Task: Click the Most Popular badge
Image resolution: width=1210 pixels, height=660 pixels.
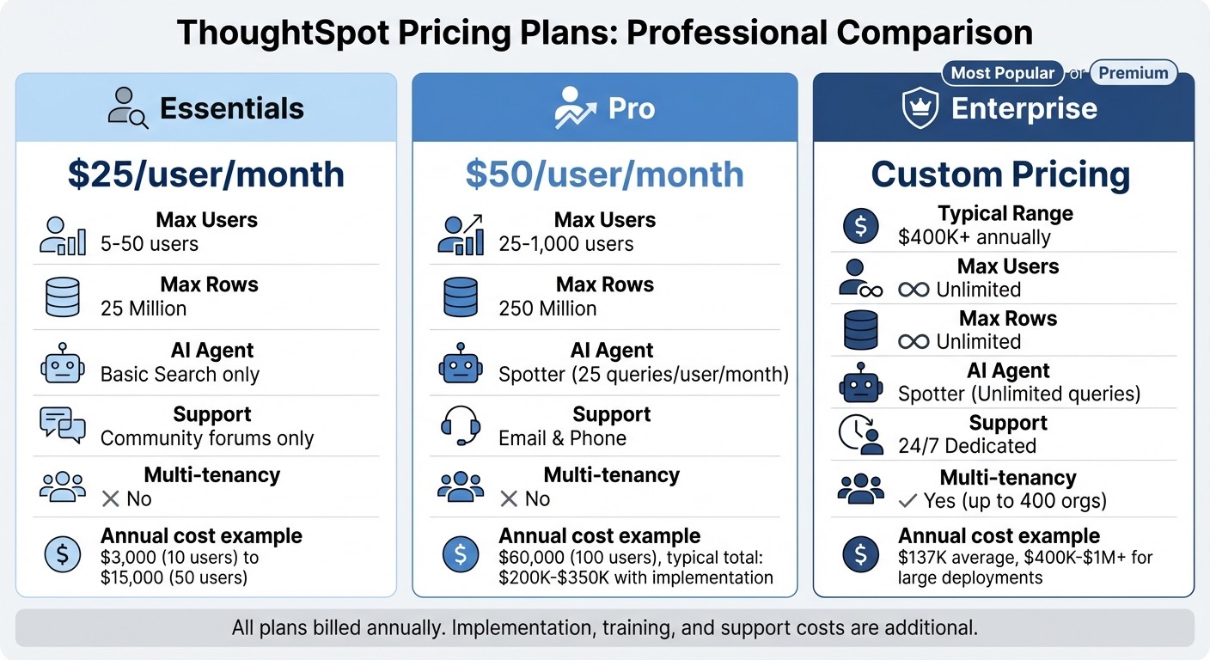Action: (1002, 73)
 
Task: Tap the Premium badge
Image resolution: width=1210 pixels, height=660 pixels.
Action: (1134, 73)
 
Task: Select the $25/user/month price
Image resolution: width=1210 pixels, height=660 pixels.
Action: (206, 174)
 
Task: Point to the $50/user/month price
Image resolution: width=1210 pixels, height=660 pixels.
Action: (604, 174)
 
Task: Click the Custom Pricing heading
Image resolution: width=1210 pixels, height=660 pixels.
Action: (1000, 174)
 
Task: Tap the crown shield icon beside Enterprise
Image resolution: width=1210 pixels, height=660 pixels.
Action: (920, 109)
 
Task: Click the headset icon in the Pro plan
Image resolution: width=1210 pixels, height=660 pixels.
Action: (461, 425)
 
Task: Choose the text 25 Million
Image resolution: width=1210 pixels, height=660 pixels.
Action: (144, 309)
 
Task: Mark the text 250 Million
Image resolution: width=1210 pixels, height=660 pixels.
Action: (547, 309)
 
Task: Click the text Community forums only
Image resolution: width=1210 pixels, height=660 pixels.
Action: (207, 438)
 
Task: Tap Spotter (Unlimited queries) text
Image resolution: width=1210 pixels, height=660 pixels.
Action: (1019, 394)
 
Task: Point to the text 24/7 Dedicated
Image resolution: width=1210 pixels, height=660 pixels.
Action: (967, 446)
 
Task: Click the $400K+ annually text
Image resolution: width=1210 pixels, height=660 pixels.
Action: (975, 237)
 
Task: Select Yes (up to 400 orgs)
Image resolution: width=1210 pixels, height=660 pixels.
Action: (1014, 500)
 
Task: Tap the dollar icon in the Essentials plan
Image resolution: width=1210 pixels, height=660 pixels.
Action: (62, 554)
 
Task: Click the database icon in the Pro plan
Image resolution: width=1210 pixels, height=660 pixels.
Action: (461, 296)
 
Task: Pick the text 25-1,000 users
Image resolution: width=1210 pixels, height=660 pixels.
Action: (566, 244)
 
